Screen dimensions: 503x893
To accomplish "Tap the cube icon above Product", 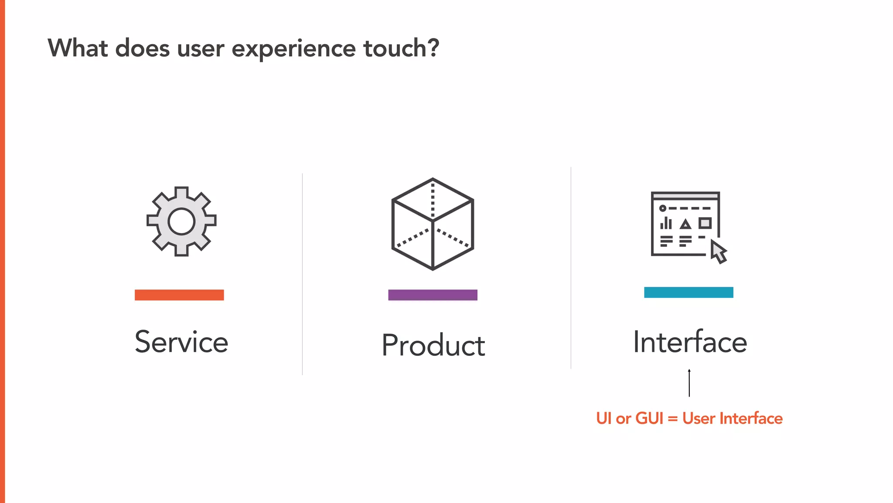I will [433, 224].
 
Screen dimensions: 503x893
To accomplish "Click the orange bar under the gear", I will [179, 295].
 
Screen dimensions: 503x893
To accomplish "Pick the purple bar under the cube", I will [433, 295].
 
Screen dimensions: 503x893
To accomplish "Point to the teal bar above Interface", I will [688, 293].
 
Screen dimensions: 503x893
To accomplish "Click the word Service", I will [181, 342].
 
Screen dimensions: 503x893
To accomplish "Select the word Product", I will [433, 345].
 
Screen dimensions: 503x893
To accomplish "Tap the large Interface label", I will [690, 342].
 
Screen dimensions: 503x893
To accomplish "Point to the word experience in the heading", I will [293, 49].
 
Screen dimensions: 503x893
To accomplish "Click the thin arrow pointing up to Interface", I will [689, 383].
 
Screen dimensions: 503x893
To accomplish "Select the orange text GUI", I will [649, 418].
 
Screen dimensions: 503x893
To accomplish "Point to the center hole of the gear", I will [181, 221].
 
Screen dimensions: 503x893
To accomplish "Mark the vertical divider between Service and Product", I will [302, 274].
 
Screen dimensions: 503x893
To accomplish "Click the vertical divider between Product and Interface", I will [571, 268].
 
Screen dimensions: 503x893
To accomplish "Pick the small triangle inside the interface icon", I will [685, 224].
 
